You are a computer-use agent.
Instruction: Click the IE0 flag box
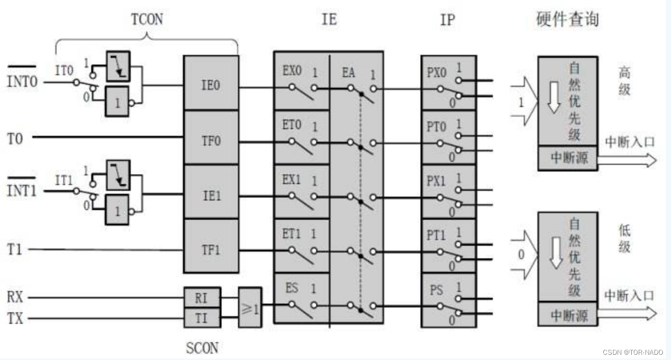[x=211, y=84]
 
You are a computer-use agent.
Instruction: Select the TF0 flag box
[x=211, y=140]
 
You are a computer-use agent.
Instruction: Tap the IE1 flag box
[x=211, y=195]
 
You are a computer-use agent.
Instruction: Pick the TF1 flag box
[x=211, y=249]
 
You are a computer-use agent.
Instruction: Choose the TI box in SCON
[x=202, y=317]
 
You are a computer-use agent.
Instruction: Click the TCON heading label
[x=147, y=20]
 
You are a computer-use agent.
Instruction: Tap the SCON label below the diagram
[x=202, y=347]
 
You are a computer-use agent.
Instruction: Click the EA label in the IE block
[x=349, y=72]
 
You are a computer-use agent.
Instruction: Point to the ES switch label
[x=292, y=288]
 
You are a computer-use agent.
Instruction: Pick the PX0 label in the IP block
[x=437, y=72]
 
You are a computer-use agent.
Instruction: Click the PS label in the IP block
[x=437, y=289]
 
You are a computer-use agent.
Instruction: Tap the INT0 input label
[x=22, y=82]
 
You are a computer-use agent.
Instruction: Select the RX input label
[x=15, y=297]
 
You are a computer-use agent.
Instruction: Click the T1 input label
[x=15, y=249]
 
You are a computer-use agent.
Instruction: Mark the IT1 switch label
[x=64, y=180]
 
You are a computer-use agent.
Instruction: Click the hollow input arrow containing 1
[x=524, y=103]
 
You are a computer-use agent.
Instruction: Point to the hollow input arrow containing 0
[x=524, y=255]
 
